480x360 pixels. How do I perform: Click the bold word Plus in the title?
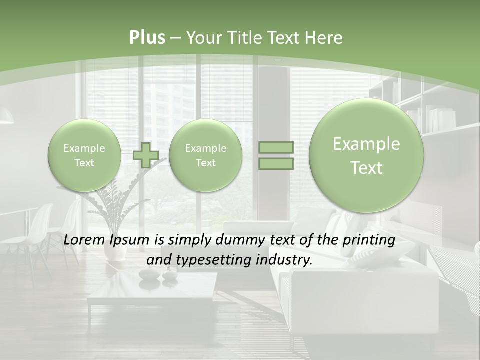point(147,38)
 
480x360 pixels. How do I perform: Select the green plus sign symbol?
point(146,155)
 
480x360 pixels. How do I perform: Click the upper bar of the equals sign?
point(275,147)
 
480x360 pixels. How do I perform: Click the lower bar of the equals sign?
point(275,163)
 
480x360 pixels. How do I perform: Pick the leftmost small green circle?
point(84,155)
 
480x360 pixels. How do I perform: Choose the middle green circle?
point(205,155)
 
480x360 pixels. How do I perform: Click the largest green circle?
point(366,155)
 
